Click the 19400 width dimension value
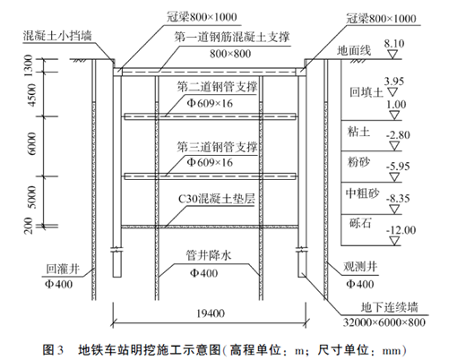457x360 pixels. (x=211, y=313)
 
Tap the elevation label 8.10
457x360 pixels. (x=394, y=44)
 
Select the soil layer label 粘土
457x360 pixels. (x=358, y=132)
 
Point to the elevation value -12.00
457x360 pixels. (x=401, y=230)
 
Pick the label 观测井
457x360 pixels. (x=360, y=267)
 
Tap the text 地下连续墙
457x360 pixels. (x=389, y=307)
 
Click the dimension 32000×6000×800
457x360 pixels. (x=384, y=322)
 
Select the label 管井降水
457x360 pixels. (x=209, y=255)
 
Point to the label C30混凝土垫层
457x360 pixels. (x=217, y=199)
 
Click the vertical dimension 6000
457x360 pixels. (x=31, y=144)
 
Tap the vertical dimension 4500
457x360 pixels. (x=31, y=95)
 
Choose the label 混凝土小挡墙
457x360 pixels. (x=57, y=36)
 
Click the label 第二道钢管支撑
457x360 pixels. (x=217, y=87)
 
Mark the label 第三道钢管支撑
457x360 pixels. (x=217, y=147)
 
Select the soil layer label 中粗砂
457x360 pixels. (x=363, y=193)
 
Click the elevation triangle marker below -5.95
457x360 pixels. (x=394, y=177)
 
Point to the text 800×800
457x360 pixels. (x=230, y=54)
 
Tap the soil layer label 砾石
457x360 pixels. (x=360, y=223)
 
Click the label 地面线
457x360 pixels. (x=354, y=51)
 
